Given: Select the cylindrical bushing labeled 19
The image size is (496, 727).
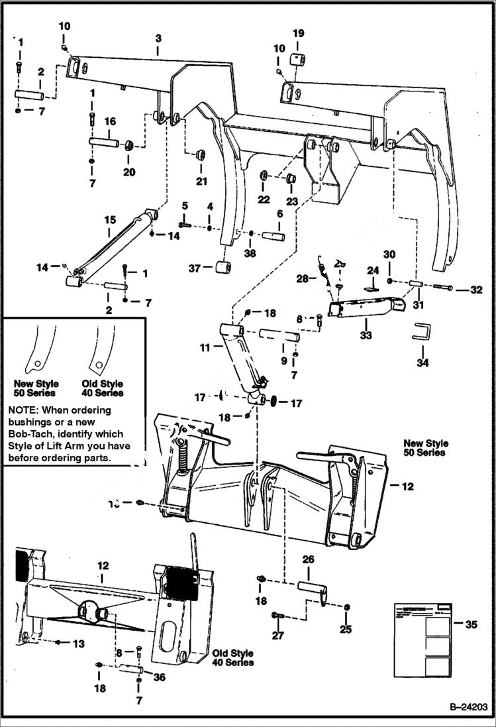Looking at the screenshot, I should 298,62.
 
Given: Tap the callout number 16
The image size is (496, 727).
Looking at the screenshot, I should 110,122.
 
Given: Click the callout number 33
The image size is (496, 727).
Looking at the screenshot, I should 366,335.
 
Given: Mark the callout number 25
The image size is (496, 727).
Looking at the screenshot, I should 346,629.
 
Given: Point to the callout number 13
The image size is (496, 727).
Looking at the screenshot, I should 79,643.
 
